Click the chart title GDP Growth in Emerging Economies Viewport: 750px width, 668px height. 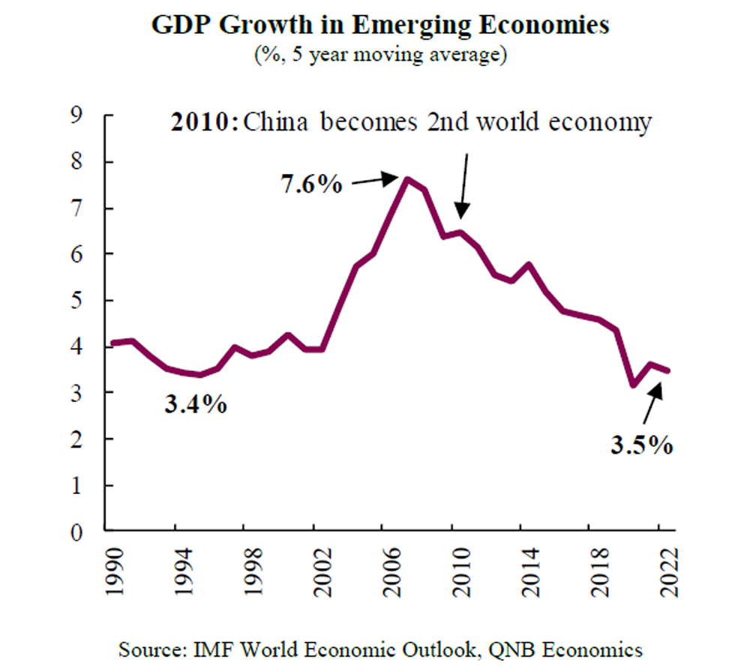pyautogui.click(x=380, y=25)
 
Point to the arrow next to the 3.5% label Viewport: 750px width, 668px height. pyautogui.click(x=649, y=401)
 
